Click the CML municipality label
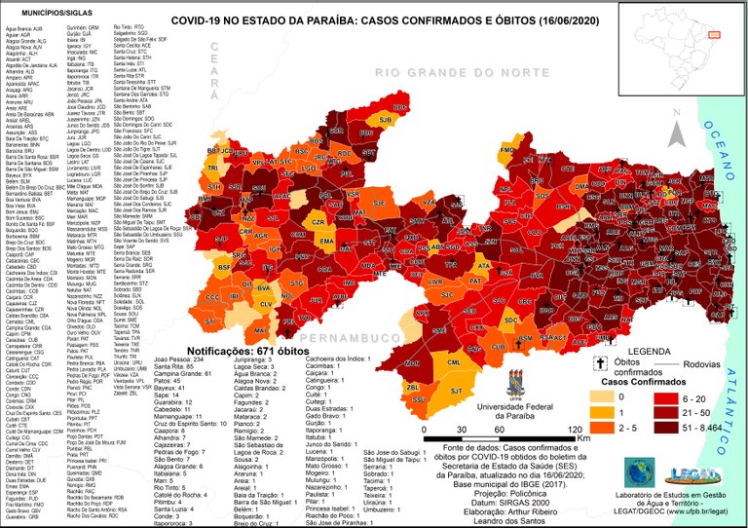click(x=453, y=362)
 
